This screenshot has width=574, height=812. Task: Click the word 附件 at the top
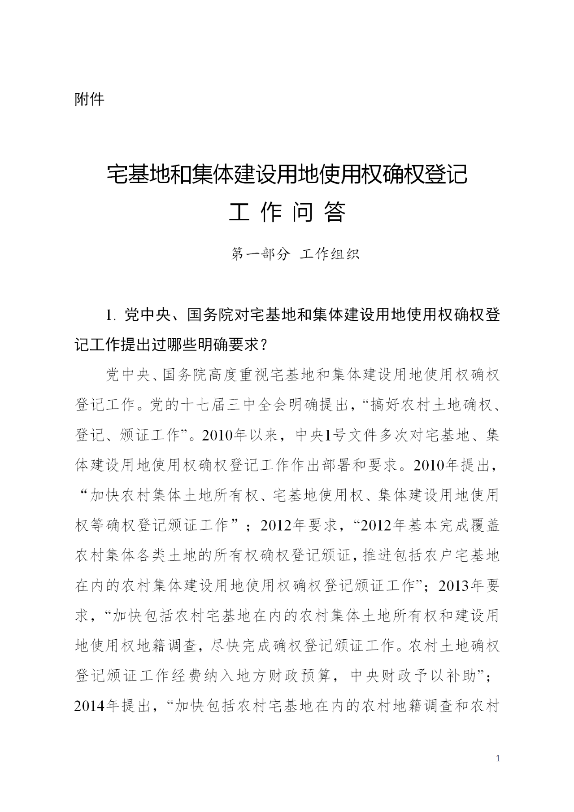click(89, 99)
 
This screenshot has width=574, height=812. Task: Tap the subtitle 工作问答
click(287, 213)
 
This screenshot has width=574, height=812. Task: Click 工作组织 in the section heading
click(330, 254)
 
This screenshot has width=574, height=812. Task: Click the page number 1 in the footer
click(498, 759)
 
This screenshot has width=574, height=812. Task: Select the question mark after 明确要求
click(264, 345)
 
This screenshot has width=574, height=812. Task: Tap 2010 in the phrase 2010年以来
click(217, 435)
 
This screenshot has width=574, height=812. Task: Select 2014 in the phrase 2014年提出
click(90, 706)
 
